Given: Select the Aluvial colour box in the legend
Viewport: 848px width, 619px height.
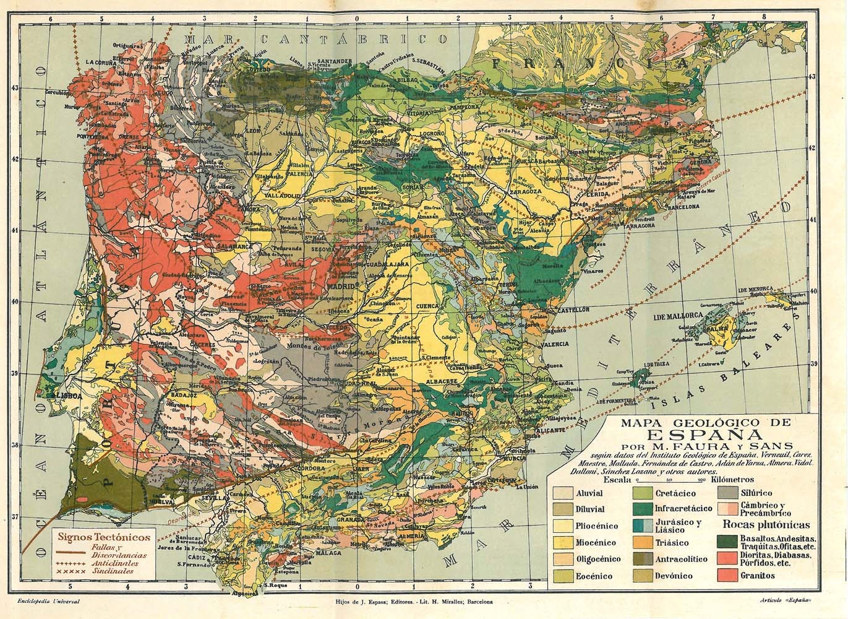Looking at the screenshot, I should tap(562, 493).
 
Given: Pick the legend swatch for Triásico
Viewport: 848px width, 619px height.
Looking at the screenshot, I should tap(643, 542).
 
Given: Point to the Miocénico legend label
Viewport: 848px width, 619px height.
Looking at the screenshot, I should tap(597, 543).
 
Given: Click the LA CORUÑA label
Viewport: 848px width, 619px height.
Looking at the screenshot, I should tap(101, 62).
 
